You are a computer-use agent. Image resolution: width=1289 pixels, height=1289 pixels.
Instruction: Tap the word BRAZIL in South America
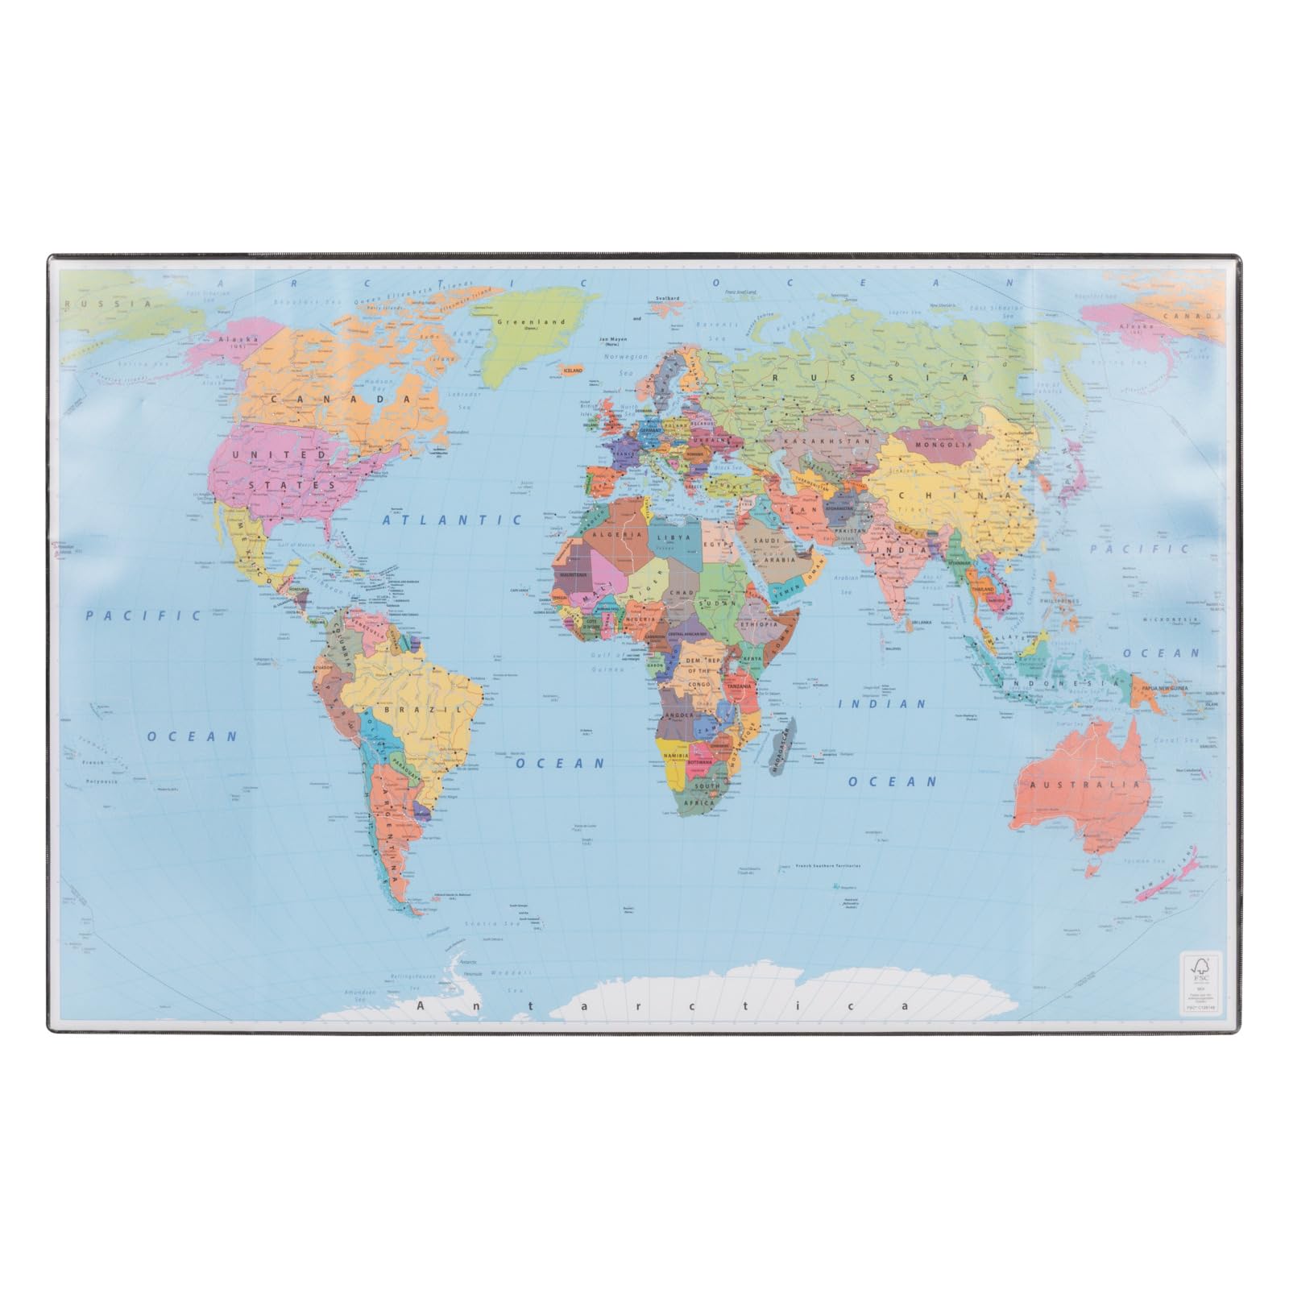(412, 711)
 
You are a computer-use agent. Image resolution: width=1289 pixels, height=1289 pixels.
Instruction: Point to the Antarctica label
(663, 1006)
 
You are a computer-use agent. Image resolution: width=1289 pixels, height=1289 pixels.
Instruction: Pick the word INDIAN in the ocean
(883, 704)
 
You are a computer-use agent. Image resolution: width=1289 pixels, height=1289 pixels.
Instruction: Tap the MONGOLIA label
(939, 445)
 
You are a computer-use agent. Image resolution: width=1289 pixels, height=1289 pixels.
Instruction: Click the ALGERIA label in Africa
(616, 535)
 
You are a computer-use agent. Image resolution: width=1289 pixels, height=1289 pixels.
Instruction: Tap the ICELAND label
(573, 370)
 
